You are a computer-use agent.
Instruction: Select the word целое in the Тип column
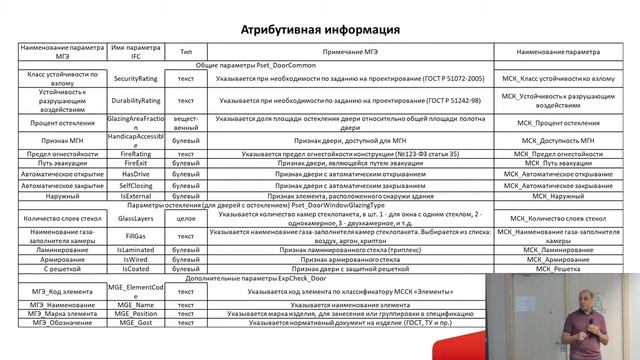186,216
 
